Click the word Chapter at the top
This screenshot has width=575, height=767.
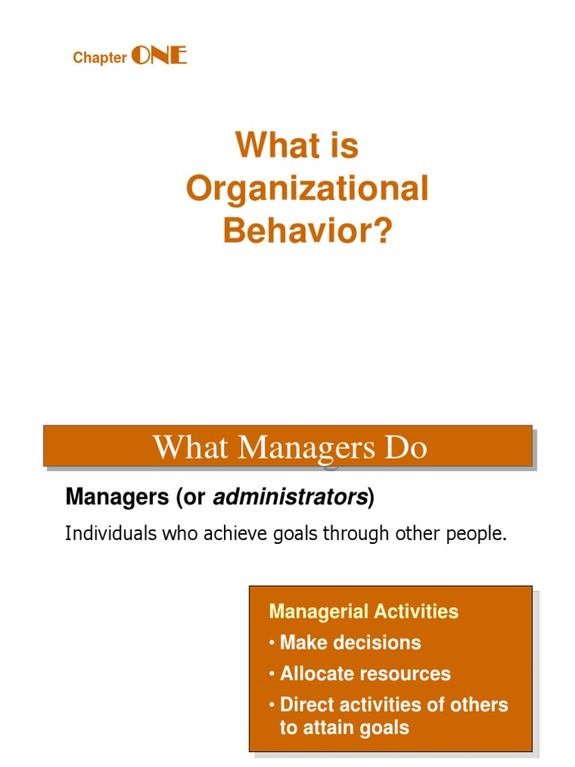tap(100, 58)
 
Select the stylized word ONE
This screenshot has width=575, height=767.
tap(159, 55)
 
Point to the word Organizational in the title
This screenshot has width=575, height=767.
tap(307, 190)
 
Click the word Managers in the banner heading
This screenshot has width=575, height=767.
tap(306, 449)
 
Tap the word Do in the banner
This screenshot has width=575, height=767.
tap(406, 447)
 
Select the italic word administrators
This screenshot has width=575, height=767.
tap(290, 497)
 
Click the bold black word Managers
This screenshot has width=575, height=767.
tap(118, 497)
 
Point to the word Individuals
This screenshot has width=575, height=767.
tap(111, 533)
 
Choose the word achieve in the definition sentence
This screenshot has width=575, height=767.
tap(236, 533)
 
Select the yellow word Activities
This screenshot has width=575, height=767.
tap(416, 611)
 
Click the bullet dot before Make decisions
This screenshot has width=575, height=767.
tap(272, 643)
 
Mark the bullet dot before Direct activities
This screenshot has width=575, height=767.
tap(272, 706)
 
